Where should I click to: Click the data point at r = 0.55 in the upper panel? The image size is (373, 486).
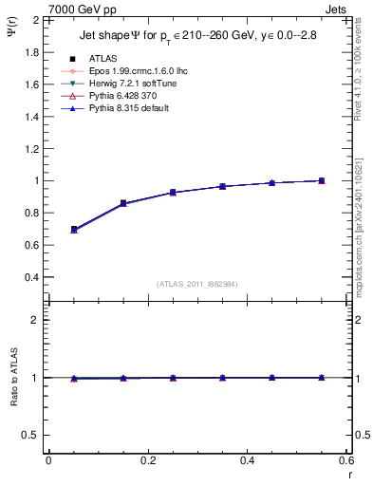(322, 180)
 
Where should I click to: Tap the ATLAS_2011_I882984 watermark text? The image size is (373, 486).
(196, 284)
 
